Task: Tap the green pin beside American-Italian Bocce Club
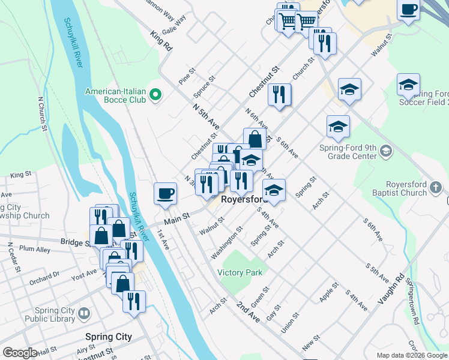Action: click(155, 95)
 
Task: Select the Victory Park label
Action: click(240, 272)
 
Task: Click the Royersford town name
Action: click(244, 199)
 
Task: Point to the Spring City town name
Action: click(108, 337)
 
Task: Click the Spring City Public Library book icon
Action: click(85, 313)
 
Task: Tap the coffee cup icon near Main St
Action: click(166, 193)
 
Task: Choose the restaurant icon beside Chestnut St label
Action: click(280, 95)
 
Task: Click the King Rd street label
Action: click(162, 40)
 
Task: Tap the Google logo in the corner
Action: click(20, 353)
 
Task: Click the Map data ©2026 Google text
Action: click(411, 355)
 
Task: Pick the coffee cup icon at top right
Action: click(408, 10)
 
